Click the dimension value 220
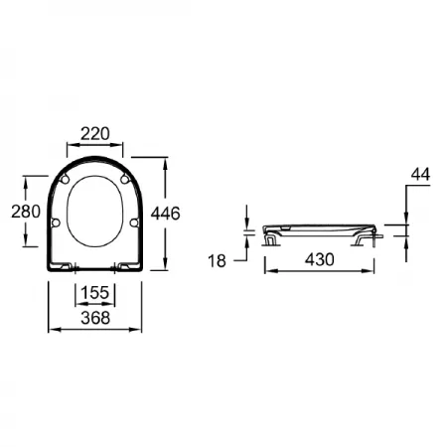95,134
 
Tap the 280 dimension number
26,212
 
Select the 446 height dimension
165,214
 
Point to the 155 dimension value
95,293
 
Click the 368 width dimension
95,318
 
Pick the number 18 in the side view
217,261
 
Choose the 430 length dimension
320,259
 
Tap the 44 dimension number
420,174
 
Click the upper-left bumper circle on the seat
66,179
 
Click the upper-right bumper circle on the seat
124,179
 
